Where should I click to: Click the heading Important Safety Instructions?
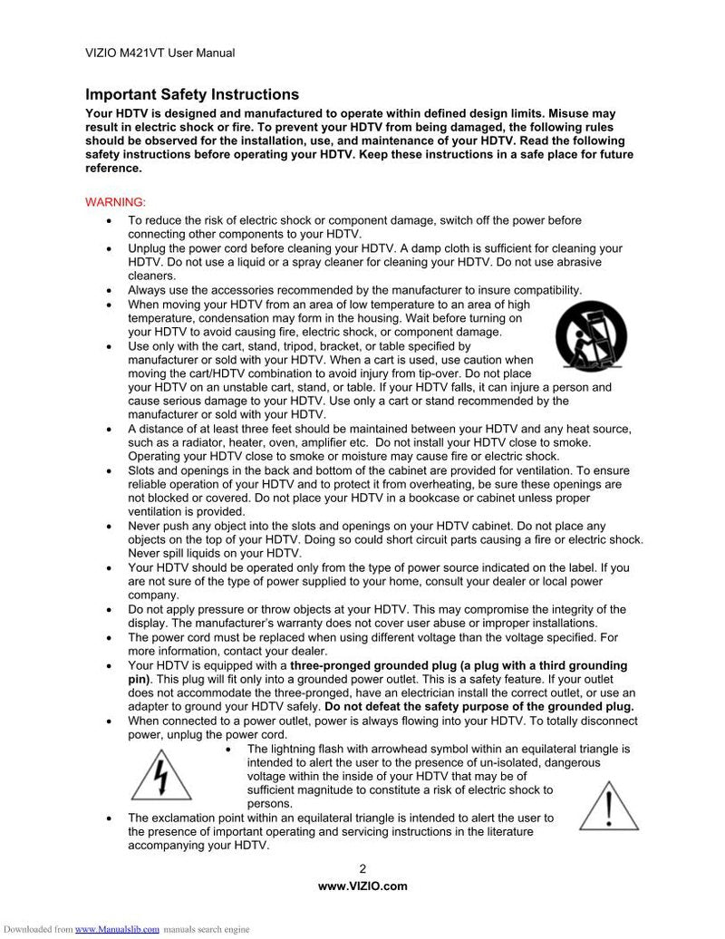point(191,94)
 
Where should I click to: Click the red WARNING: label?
point(115,201)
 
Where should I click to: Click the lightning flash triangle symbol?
point(161,773)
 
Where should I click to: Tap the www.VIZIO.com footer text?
point(362,886)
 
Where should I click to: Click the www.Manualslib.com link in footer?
point(117,929)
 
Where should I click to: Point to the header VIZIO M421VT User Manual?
point(159,53)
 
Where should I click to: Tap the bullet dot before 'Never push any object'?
point(110,527)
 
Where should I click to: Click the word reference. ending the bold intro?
point(113,169)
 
